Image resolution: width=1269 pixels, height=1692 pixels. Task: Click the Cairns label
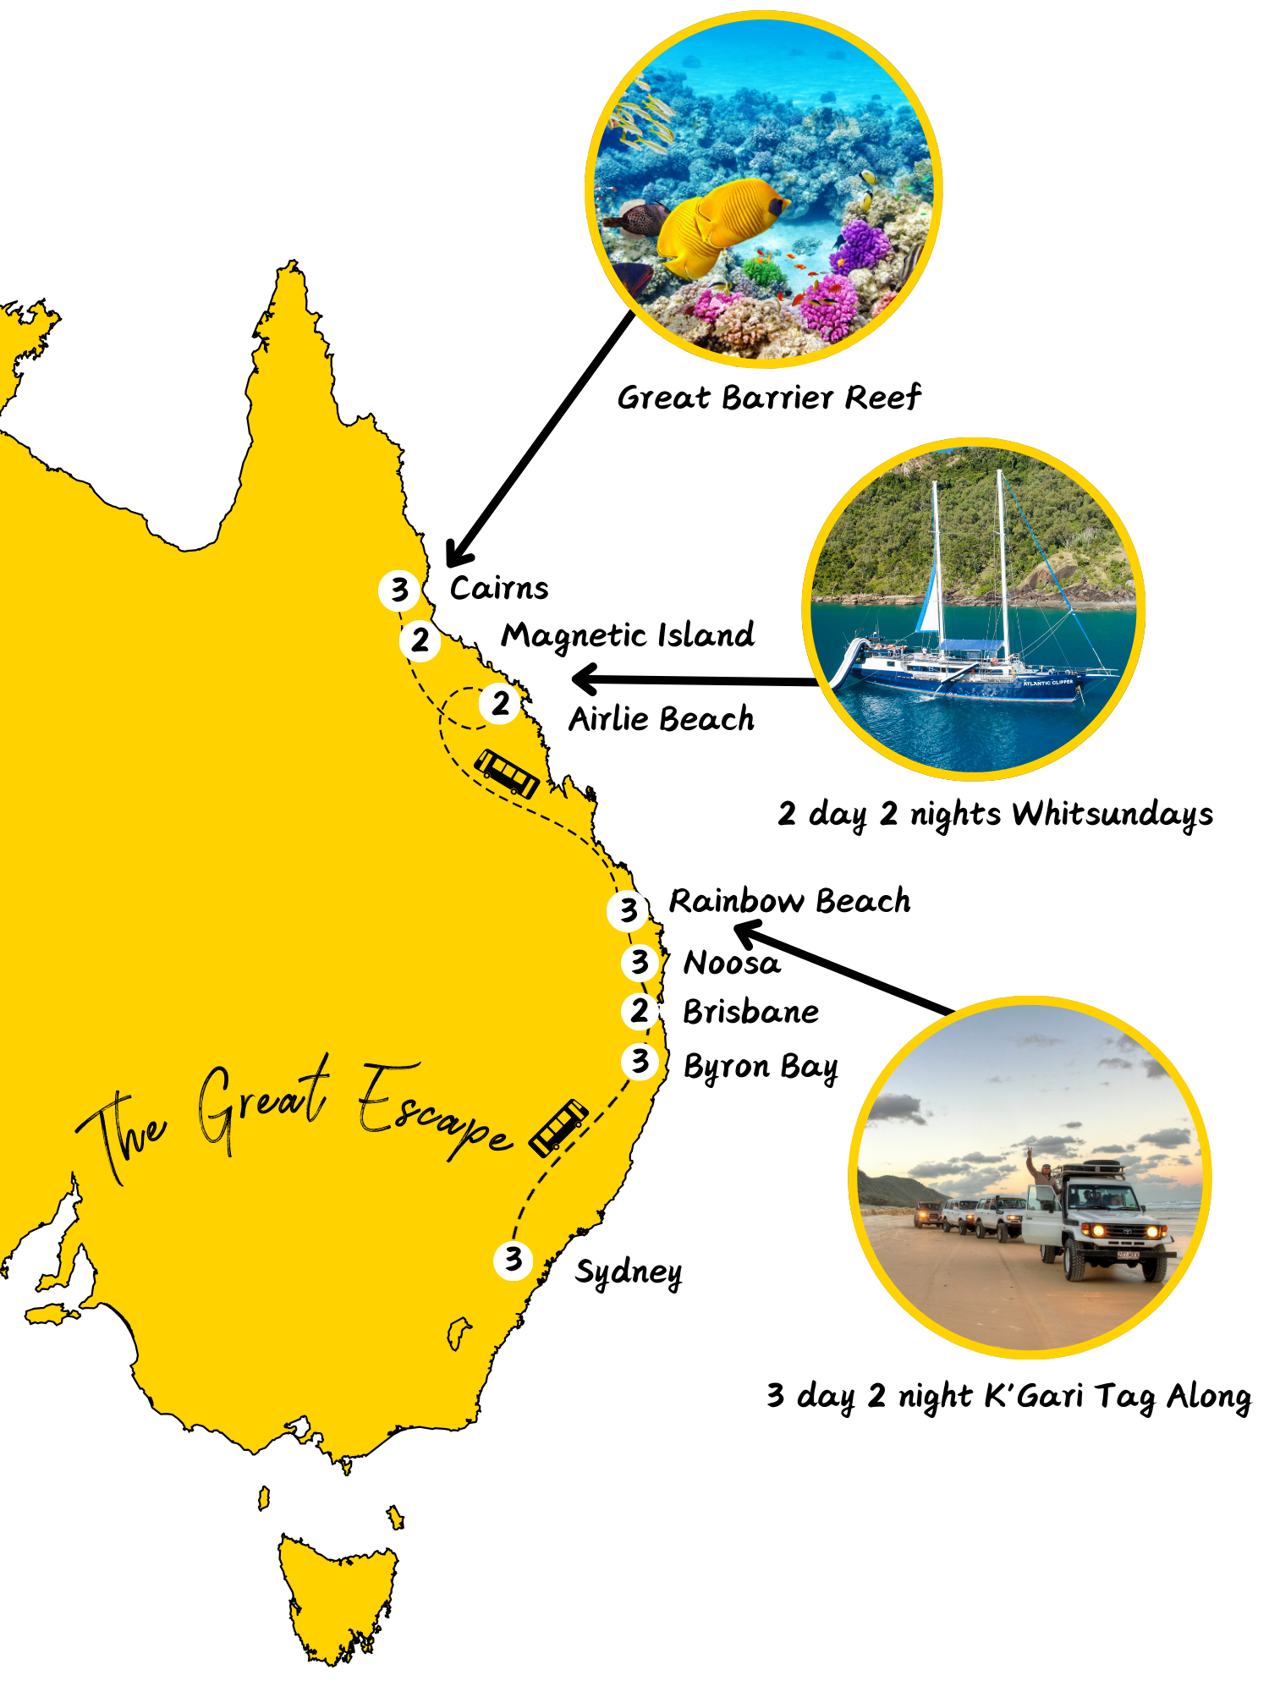coord(498,588)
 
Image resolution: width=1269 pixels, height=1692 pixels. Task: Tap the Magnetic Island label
coord(627,635)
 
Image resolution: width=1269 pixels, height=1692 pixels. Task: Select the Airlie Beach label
coord(661,719)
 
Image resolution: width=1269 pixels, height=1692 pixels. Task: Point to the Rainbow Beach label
coord(789,901)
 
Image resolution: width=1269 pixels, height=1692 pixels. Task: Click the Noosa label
coord(732,963)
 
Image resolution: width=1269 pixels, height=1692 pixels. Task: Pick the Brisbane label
coord(750,1012)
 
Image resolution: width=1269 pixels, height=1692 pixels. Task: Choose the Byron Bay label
coord(761,1068)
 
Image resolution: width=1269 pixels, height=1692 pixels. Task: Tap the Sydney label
coord(628,1272)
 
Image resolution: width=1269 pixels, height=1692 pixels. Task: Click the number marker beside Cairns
coord(399,590)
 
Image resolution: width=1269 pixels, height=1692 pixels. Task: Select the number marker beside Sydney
coord(513,1260)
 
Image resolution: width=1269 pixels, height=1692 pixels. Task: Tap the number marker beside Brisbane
coord(640,1010)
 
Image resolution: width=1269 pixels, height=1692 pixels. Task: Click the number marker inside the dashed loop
coord(500,703)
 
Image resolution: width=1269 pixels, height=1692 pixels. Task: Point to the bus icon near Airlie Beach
coord(507,772)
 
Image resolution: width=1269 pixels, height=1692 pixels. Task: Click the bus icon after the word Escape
coord(558,1128)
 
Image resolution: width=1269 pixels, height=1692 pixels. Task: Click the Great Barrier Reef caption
coord(768,398)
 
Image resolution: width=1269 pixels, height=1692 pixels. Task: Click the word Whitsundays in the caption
coord(1112,814)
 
